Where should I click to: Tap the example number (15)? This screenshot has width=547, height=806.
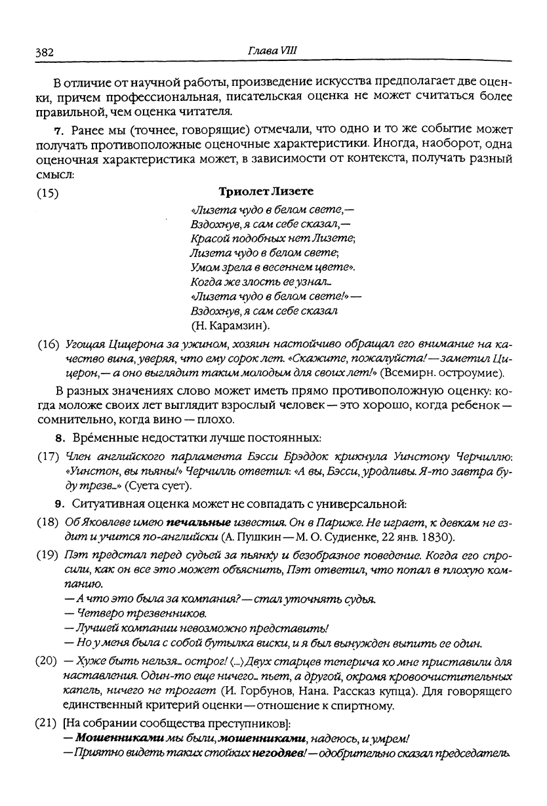point(47,193)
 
